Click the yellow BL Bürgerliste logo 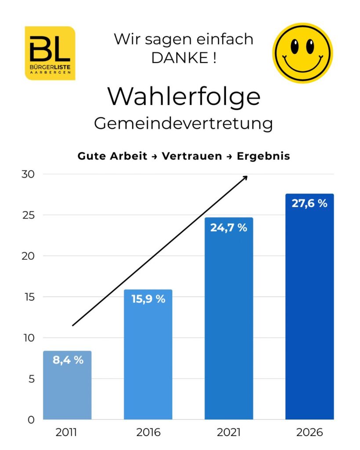50,53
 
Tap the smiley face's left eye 295,46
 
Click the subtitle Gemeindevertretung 183,123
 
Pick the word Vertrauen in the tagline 192,156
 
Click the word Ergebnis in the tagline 263,156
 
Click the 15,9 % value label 148,299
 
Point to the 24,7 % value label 229,228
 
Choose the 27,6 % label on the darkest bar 309,203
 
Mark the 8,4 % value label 68,360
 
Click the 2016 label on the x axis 148,432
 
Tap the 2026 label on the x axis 309,432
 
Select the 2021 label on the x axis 229,432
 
